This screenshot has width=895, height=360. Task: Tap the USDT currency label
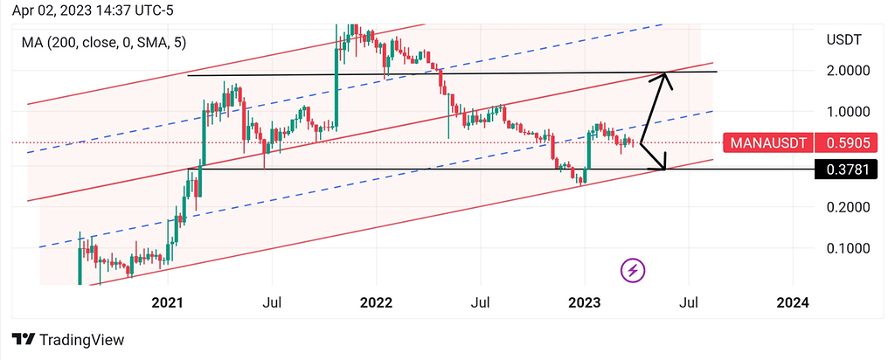click(x=843, y=39)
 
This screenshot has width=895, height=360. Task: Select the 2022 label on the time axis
click(x=376, y=302)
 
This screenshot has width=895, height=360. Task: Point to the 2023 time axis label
click(x=584, y=302)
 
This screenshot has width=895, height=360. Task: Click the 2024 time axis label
click(x=792, y=302)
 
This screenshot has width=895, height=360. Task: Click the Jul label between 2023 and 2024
click(x=688, y=302)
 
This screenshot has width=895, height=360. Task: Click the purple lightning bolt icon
click(x=634, y=271)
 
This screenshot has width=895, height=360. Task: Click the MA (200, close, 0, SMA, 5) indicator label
click(x=104, y=42)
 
